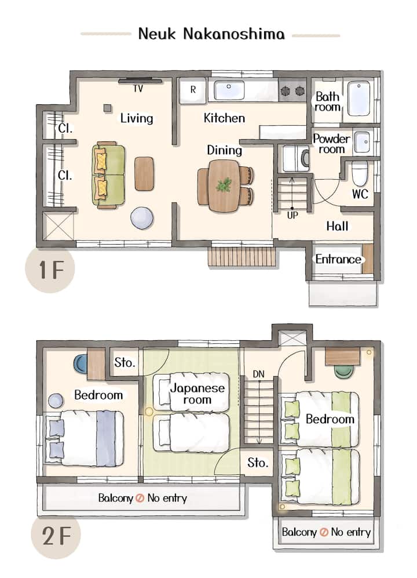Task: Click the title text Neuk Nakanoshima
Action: click(211, 34)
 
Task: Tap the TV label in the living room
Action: click(138, 89)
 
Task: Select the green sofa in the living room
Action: click(108, 175)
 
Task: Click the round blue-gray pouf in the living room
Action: click(142, 218)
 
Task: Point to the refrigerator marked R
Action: click(193, 90)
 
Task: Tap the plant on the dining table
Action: click(224, 184)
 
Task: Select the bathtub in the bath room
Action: click(359, 99)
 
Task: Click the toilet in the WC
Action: click(360, 173)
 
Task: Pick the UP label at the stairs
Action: click(292, 215)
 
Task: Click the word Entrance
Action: click(338, 259)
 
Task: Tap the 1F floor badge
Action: click(50, 270)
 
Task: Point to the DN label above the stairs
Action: click(259, 374)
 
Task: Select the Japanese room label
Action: click(197, 394)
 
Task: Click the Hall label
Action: click(338, 226)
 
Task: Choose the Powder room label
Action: click(331, 144)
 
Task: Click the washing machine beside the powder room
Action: click(296, 158)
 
